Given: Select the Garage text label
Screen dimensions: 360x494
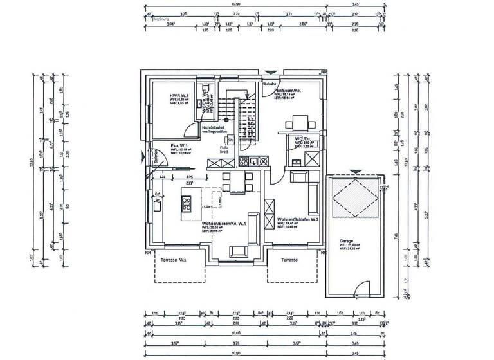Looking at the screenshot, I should [347, 241].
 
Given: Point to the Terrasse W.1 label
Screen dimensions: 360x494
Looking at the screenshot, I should [174, 260].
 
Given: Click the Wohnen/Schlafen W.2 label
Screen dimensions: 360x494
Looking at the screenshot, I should [298, 219].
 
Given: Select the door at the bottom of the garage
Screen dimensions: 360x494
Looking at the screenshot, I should [364, 291].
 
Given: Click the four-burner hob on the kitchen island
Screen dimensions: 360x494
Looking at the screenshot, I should [187, 204].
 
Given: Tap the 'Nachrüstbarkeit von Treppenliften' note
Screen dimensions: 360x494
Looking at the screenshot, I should [215, 129].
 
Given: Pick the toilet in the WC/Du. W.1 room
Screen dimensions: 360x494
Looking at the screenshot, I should [206, 89].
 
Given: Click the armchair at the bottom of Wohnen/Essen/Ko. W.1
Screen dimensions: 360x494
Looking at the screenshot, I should [237, 251].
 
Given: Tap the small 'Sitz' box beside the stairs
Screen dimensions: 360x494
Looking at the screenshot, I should [230, 139].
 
